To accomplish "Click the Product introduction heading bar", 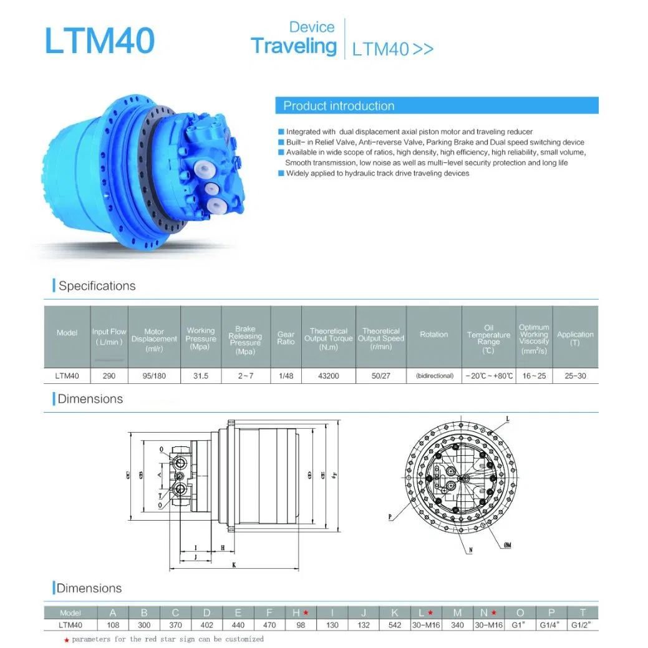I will pyautogui.click(x=437, y=106).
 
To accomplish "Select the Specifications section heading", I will pyautogui.click(x=97, y=286).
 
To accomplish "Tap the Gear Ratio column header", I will pyautogui.click(x=286, y=338).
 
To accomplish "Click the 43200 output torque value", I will pyautogui.click(x=328, y=376).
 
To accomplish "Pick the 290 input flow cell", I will pyautogui.click(x=109, y=376).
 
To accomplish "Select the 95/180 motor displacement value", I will pyautogui.click(x=154, y=376).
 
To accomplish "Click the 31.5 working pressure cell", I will pyautogui.click(x=200, y=376).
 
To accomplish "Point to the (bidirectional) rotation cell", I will pyautogui.click(x=434, y=376).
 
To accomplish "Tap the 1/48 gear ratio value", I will pyautogui.click(x=286, y=376).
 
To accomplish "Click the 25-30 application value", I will pyautogui.click(x=575, y=376).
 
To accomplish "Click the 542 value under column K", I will pyautogui.click(x=395, y=624).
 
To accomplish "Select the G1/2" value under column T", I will pyautogui.click(x=583, y=624).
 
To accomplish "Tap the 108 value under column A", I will pyautogui.click(x=113, y=624).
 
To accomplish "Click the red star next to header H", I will pyautogui.click(x=306, y=612).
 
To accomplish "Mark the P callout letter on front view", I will pyautogui.click(x=389, y=517).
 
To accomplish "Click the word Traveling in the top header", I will pyautogui.click(x=293, y=46).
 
